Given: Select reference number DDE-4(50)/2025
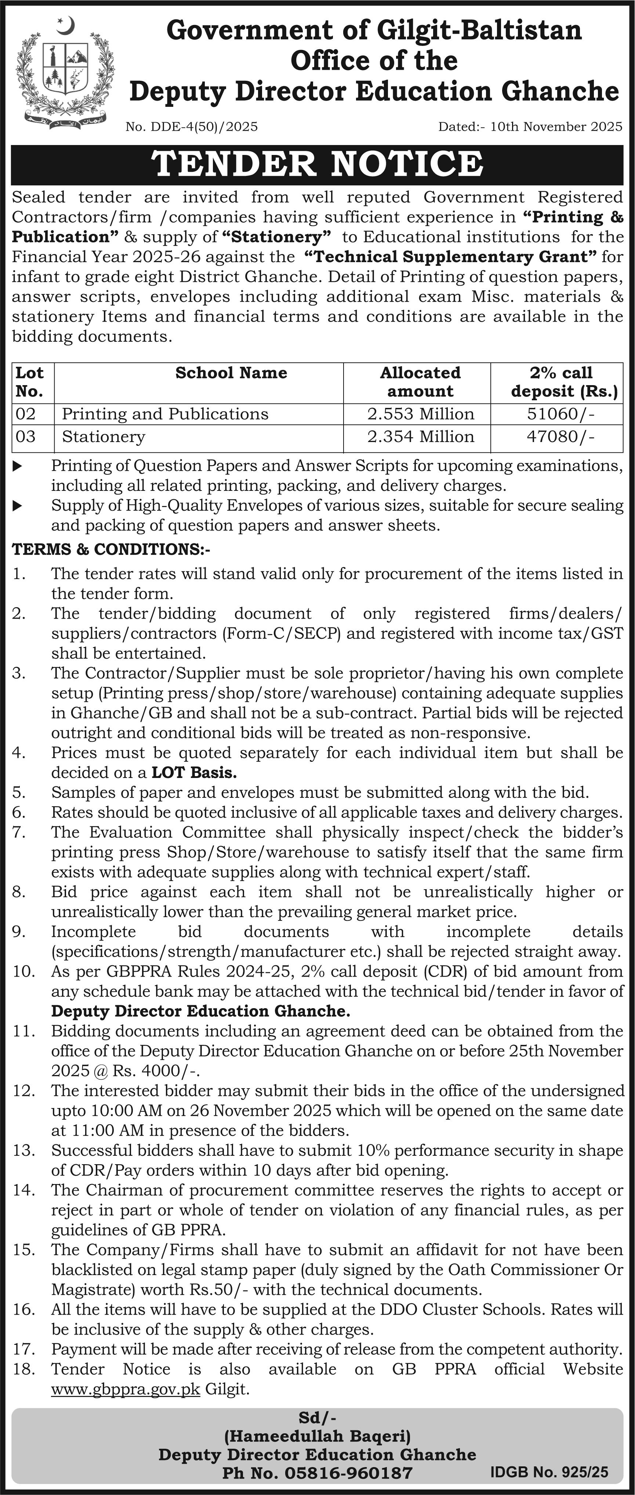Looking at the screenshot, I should pyautogui.click(x=192, y=127).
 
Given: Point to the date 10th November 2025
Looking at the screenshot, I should pyautogui.click(x=556, y=127).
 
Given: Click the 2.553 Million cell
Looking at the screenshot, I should pyautogui.click(x=420, y=414).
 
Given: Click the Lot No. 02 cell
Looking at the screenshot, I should pyautogui.click(x=26, y=414).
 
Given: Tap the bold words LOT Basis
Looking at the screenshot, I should pyautogui.click(x=194, y=772).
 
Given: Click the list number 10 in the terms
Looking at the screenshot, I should pyautogui.click(x=24, y=971).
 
